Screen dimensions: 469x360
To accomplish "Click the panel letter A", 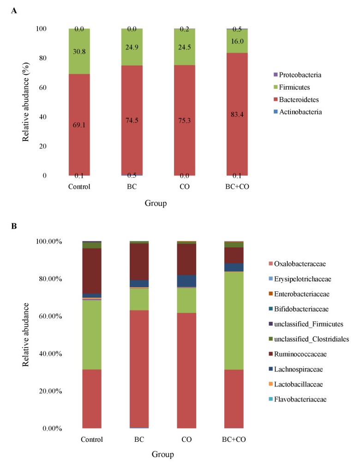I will tap(14, 10).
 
